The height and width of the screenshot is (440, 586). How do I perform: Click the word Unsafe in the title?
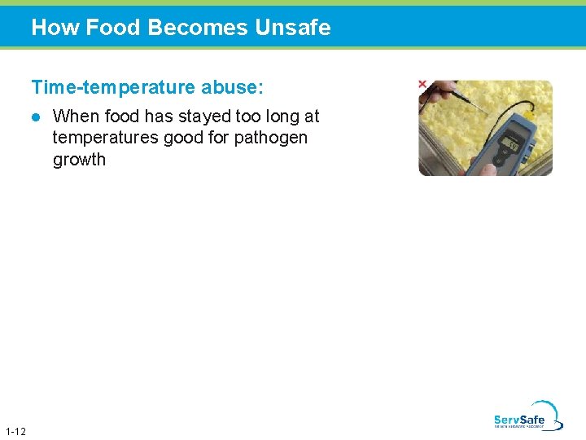292,28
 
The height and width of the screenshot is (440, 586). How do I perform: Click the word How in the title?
55,28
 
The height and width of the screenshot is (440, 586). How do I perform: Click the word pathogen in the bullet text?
271,138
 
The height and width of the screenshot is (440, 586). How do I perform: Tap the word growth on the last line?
79,160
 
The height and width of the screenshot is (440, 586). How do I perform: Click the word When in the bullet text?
76,117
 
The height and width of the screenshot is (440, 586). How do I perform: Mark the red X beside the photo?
422,84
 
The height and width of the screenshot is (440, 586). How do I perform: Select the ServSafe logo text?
519,420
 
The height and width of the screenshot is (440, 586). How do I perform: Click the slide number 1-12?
15,431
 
